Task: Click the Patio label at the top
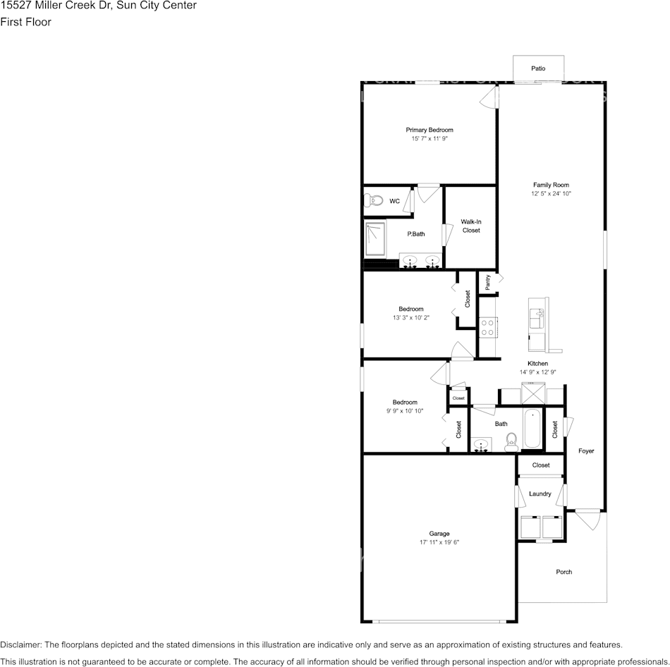click(x=537, y=68)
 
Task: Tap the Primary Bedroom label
click(x=429, y=130)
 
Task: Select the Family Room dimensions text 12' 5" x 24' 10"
click(x=551, y=193)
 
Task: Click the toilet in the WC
click(x=374, y=201)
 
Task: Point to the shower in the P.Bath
click(x=375, y=240)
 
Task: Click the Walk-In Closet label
click(x=470, y=226)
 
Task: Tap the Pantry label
click(x=487, y=282)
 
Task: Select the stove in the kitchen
click(x=487, y=326)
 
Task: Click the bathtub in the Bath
click(x=532, y=428)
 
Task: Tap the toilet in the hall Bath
click(x=511, y=442)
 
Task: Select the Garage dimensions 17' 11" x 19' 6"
click(x=439, y=542)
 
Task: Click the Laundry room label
click(x=540, y=494)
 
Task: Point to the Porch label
click(x=564, y=572)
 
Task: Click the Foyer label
click(x=586, y=451)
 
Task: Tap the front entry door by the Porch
click(x=585, y=520)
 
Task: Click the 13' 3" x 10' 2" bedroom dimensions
click(x=411, y=318)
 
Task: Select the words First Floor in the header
click(x=25, y=22)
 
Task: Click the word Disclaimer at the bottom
click(x=20, y=644)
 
